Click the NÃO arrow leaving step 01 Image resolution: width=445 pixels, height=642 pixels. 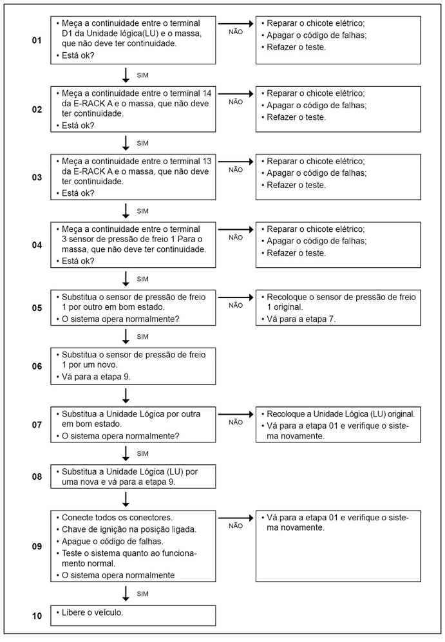(x=236, y=23)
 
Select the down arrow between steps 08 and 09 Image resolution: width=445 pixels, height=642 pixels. (x=126, y=498)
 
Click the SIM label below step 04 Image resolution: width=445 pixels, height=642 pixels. (x=143, y=278)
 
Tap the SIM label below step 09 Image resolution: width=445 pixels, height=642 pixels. (x=143, y=592)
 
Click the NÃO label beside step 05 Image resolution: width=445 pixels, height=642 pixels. (x=236, y=305)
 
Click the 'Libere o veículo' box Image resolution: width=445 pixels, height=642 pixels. (x=133, y=615)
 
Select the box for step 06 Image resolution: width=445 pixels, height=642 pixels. (x=133, y=366)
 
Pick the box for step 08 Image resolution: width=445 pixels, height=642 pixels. (x=133, y=477)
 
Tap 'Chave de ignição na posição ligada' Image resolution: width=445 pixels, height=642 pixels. (x=129, y=529)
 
